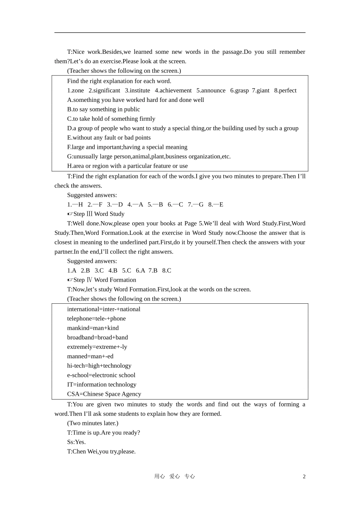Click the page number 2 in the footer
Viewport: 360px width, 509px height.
[x=304, y=476]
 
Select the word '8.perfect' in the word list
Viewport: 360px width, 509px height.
[x=285, y=91]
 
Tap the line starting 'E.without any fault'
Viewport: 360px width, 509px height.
[x=109, y=138]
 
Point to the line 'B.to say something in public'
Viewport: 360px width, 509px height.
[x=103, y=109]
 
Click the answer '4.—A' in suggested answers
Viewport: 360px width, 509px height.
[x=135, y=205]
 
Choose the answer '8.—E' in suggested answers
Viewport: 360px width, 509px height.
[x=216, y=205]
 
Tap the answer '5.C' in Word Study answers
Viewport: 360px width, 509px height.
[x=127, y=270]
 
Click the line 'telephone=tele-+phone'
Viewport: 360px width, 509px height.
[x=96, y=319]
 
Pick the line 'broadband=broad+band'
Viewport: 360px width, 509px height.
[x=97, y=337]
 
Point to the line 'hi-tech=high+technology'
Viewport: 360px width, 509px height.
[x=99, y=366]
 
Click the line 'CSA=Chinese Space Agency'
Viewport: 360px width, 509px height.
[x=104, y=394]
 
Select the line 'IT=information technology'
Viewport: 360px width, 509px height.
[x=102, y=384]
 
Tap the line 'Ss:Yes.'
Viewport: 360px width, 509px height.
[x=76, y=442]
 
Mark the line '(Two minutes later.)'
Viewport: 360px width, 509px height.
[x=92, y=423]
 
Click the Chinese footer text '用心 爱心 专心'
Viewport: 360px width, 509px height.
[x=174, y=476]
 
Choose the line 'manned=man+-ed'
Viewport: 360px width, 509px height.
[x=90, y=356]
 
